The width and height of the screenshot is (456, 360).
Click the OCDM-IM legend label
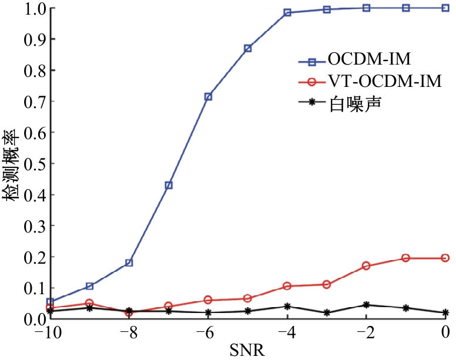(369, 59)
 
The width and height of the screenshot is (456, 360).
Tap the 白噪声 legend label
(355, 104)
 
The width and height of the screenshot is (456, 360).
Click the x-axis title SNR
(247, 350)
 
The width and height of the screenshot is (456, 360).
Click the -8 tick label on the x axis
(129, 332)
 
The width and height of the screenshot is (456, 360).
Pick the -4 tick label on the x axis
(287, 332)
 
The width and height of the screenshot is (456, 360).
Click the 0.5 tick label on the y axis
(35, 163)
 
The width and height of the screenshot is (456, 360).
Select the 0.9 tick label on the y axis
(35, 39)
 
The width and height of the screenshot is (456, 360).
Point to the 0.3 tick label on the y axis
(35, 226)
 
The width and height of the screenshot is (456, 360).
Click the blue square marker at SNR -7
(169, 185)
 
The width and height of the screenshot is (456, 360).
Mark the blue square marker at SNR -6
(208, 97)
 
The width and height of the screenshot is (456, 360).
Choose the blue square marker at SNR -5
(248, 48)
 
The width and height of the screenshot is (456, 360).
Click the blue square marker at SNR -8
(129, 263)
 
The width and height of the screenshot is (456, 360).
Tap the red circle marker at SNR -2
(366, 265)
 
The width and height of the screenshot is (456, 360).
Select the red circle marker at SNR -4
(287, 286)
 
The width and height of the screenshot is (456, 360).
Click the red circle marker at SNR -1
(405, 258)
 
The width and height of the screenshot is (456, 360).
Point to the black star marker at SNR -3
(327, 313)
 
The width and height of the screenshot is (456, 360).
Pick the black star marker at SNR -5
(248, 311)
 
